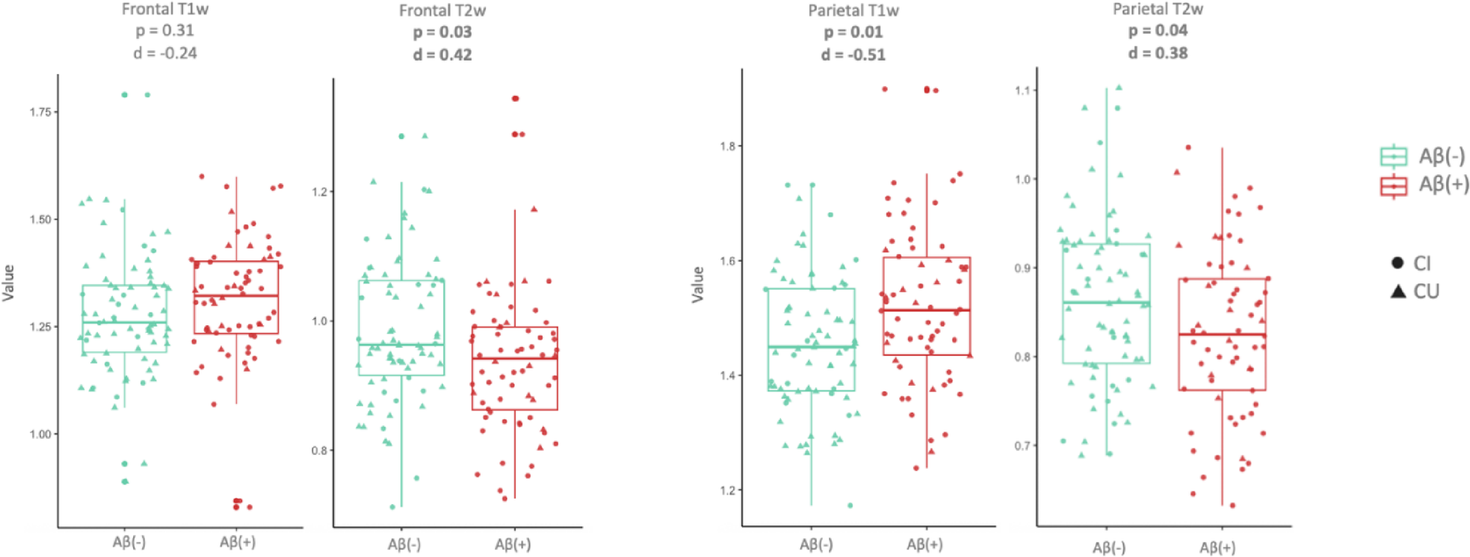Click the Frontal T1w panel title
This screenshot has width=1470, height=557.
pyautogui.click(x=165, y=9)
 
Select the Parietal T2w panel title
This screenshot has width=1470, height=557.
pyautogui.click(x=1158, y=9)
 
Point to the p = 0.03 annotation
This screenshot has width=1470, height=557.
pyautogui.click(x=442, y=32)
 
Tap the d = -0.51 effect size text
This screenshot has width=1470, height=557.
pyautogui.click(x=853, y=55)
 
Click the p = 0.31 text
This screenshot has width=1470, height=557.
pyautogui.click(x=164, y=31)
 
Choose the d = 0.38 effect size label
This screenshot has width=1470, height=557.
pyautogui.click(x=1158, y=53)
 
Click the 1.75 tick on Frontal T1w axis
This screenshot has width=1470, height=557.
pyautogui.click(x=40, y=112)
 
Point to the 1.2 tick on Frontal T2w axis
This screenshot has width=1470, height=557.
pyautogui.click(x=319, y=192)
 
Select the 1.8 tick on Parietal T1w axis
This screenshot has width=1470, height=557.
pyautogui.click(x=728, y=146)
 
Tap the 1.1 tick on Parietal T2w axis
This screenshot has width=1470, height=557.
pyautogui.click(x=1023, y=91)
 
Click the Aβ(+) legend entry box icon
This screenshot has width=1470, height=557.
pyautogui.click(x=1393, y=185)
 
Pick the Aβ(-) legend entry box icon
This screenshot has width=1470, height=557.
pyautogui.click(x=1393, y=156)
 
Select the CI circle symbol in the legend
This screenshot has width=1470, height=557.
pyautogui.click(x=1397, y=263)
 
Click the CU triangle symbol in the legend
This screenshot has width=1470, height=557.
pyautogui.click(x=1398, y=292)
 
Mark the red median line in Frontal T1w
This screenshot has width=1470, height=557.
pyautogui.click(x=235, y=296)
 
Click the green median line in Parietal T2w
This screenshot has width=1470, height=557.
pyautogui.click(x=1105, y=302)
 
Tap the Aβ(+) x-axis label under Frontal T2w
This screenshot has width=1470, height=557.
pyautogui.click(x=513, y=544)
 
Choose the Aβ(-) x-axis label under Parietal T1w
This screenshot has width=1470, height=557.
pyautogui.click(x=816, y=544)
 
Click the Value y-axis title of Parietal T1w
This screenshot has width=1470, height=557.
pyautogui.click(x=698, y=285)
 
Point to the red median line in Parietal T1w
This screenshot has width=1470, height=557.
pyautogui.click(x=926, y=310)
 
